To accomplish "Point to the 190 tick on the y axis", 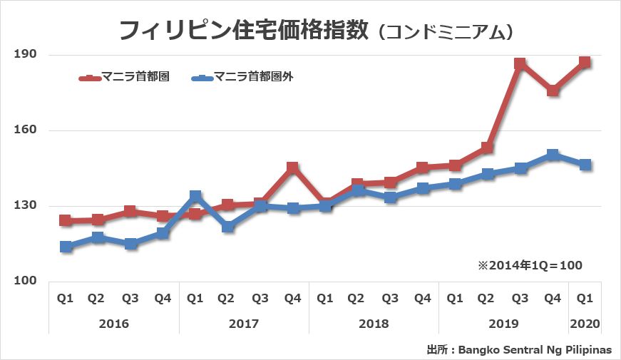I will click(x=26, y=55).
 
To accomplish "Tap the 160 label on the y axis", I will click(x=26, y=130).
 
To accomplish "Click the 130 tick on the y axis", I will click(x=26, y=206).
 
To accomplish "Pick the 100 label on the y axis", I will click(x=26, y=282).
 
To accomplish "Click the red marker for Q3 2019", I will click(x=520, y=64).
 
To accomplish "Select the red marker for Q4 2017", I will click(x=292, y=168).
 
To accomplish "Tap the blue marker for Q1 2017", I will click(x=195, y=196).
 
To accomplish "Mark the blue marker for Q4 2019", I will click(x=553, y=155).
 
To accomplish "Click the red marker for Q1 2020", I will click(x=585, y=62).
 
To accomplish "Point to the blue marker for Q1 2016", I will click(x=66, y=247).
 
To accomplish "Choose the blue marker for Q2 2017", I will click(x=228, y=227).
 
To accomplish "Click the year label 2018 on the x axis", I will click(x=374, y=324).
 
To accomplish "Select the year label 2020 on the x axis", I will click(x=585, y=324).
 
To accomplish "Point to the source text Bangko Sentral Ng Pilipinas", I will click(x=535, y=350).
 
